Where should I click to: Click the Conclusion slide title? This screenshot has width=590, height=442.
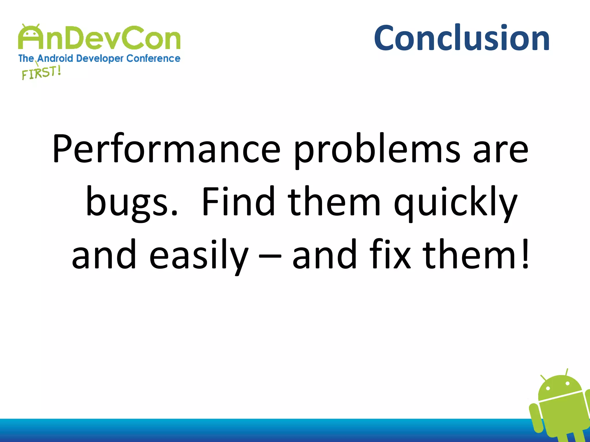pyautogui.click(x=462, y=38)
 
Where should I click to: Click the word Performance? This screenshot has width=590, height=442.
pyautogui.click(x=166, y=149)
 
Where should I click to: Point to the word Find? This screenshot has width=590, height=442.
pyautogui.click(x=238, y=201)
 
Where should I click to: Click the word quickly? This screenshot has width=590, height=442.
pyautogui.click(x=455, y=202)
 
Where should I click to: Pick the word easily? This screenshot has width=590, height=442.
pyautogui.click(x=199, y=255)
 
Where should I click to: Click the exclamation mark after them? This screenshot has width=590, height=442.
pyautogui.click(x=525, y=253)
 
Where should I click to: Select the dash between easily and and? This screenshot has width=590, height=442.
pyautogui.click(x=270, y=256)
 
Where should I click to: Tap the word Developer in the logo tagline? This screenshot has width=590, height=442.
pyautogui.click(x=100, y=58)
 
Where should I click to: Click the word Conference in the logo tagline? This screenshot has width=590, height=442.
pyautogui.click(x=153, y=58)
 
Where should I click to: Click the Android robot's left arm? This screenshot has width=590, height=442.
pyautogui.click(x=535, y=417)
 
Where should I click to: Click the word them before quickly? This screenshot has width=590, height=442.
pyautogui.click(x=334, y=201)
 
